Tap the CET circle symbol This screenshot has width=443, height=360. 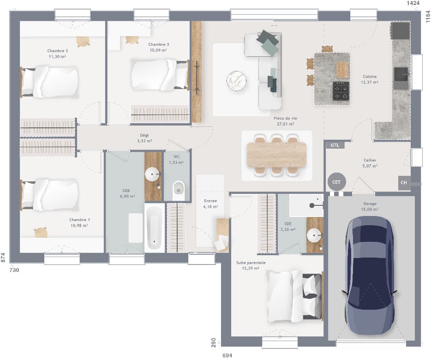click(336, 182)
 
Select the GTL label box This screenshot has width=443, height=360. click(335, 145)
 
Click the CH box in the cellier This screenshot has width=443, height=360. click(404, 183)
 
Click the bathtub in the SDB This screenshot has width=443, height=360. click(154, 228)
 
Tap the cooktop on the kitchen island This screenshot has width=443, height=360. click(341, 91)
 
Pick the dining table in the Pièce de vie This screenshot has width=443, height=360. click(276, 155)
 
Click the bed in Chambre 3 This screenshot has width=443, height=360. click(159, 74)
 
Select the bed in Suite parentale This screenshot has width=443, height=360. click(293, 296)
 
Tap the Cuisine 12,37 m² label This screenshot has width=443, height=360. click(370, 79)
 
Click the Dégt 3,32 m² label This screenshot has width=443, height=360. click(144, 138)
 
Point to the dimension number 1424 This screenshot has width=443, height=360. click(413, 3)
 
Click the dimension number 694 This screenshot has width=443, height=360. click(227, 355)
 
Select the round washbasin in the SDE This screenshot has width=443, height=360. click(315, 235)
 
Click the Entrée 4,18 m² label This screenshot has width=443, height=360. click(210, 204)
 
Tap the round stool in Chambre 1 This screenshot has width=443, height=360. click(41, 232)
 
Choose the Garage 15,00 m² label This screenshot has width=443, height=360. click(370, 206)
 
